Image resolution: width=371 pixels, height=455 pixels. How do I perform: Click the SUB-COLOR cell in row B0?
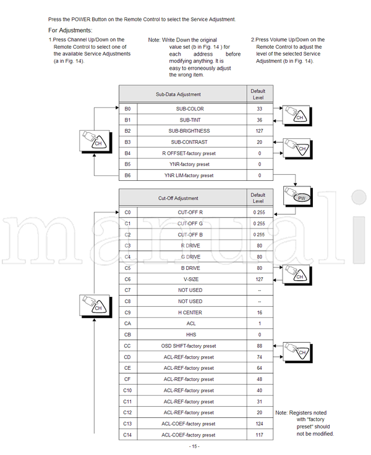coord(191,109)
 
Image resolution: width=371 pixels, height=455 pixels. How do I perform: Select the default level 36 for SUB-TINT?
coord(259,120)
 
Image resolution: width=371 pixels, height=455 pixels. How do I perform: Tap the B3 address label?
coord(127,142)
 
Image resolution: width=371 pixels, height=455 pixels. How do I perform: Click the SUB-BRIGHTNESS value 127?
coord(259,131)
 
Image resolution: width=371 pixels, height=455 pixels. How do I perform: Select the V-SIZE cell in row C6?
coord(191,279)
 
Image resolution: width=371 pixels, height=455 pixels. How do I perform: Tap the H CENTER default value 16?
coord(259,312)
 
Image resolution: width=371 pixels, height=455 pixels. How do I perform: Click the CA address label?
coord(127,324)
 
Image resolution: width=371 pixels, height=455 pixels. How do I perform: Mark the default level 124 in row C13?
coord(259,424)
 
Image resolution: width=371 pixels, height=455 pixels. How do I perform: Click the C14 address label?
coord(127,435)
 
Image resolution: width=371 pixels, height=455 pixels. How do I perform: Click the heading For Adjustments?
coord(70,30)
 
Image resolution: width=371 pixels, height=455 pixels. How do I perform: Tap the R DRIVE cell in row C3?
coord(191,246)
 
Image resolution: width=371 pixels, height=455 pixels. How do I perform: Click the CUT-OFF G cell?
coord(191,223)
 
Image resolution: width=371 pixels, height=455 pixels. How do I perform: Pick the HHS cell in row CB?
coord(191,335)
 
